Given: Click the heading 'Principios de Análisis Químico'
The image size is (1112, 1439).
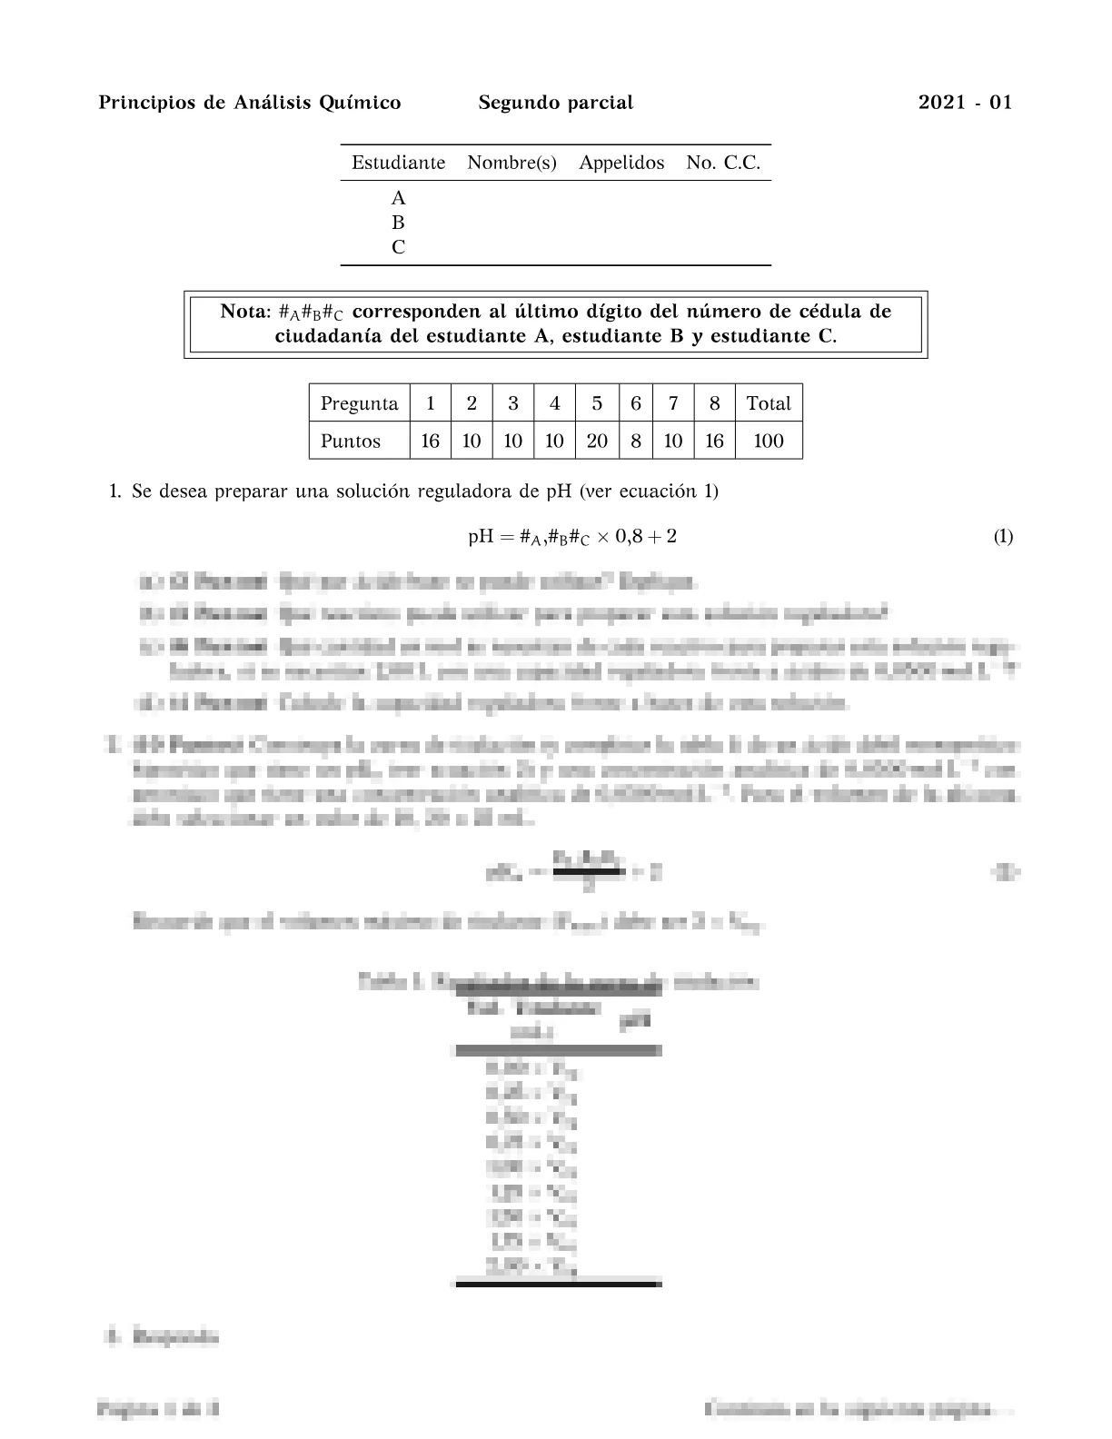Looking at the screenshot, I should [x=249, y=103].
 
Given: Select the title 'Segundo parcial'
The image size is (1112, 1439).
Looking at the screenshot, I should [x=555, y=103].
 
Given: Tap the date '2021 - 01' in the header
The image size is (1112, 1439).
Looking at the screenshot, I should [x=965, y=103].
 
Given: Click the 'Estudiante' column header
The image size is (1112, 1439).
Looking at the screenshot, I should [x=398, y=164].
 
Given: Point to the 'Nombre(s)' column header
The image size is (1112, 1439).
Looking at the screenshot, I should [x=511, y=164].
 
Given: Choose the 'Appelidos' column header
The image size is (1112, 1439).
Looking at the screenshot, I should [x=621, y=164].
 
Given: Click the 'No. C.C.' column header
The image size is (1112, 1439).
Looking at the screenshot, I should [x=723, y=164].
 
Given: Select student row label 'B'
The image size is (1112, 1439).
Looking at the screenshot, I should [x=398, y=223].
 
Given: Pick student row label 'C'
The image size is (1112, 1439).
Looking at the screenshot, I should [x=398, y=247].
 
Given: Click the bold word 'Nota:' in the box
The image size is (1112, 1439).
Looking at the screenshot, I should [x=245, y=312].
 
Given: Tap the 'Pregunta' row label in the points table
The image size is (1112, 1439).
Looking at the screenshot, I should [x=359, y=404].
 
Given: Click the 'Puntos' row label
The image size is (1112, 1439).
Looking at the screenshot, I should [x=351, y=442].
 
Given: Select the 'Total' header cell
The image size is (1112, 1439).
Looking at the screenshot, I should [x=768, y=404].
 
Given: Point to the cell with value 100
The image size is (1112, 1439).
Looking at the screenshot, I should [x=768, y=442].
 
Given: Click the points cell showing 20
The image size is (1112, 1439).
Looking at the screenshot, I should [x=596, y=442].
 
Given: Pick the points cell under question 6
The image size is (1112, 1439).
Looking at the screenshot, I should [x=635, y=442].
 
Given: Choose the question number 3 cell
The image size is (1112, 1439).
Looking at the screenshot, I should [x=512, y=404].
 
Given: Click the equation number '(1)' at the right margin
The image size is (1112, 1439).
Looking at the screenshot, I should [x=1002, y=537].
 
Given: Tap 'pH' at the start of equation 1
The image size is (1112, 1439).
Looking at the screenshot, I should [x=480, y=537].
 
